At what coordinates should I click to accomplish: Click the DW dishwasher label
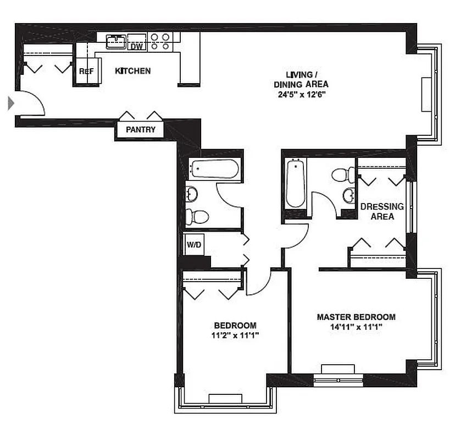tap(136, 47)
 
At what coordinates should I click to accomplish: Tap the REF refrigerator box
tap(86, 71)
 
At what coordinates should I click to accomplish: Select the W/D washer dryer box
tap(193, 244)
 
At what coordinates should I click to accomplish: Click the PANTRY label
tap(141, 130)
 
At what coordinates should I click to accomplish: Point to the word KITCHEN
tap(132, 71)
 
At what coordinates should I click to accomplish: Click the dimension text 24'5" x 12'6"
tap(301, 94)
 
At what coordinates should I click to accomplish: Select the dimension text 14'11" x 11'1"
tap(356, 327)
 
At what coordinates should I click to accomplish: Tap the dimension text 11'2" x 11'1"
tap(235, 334)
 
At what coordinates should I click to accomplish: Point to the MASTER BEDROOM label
tap(356, 317)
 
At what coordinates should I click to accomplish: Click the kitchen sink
tap(116, 41)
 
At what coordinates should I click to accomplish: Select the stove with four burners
tap(160, 42)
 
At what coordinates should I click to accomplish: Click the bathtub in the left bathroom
tap(214, 169)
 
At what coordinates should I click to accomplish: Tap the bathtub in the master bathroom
tap(296, 184)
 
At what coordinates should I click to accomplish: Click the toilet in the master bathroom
tap(342, 175)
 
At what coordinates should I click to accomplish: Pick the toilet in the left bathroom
tap(197, 217)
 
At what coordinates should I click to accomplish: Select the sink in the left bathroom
tap(192, 194)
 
